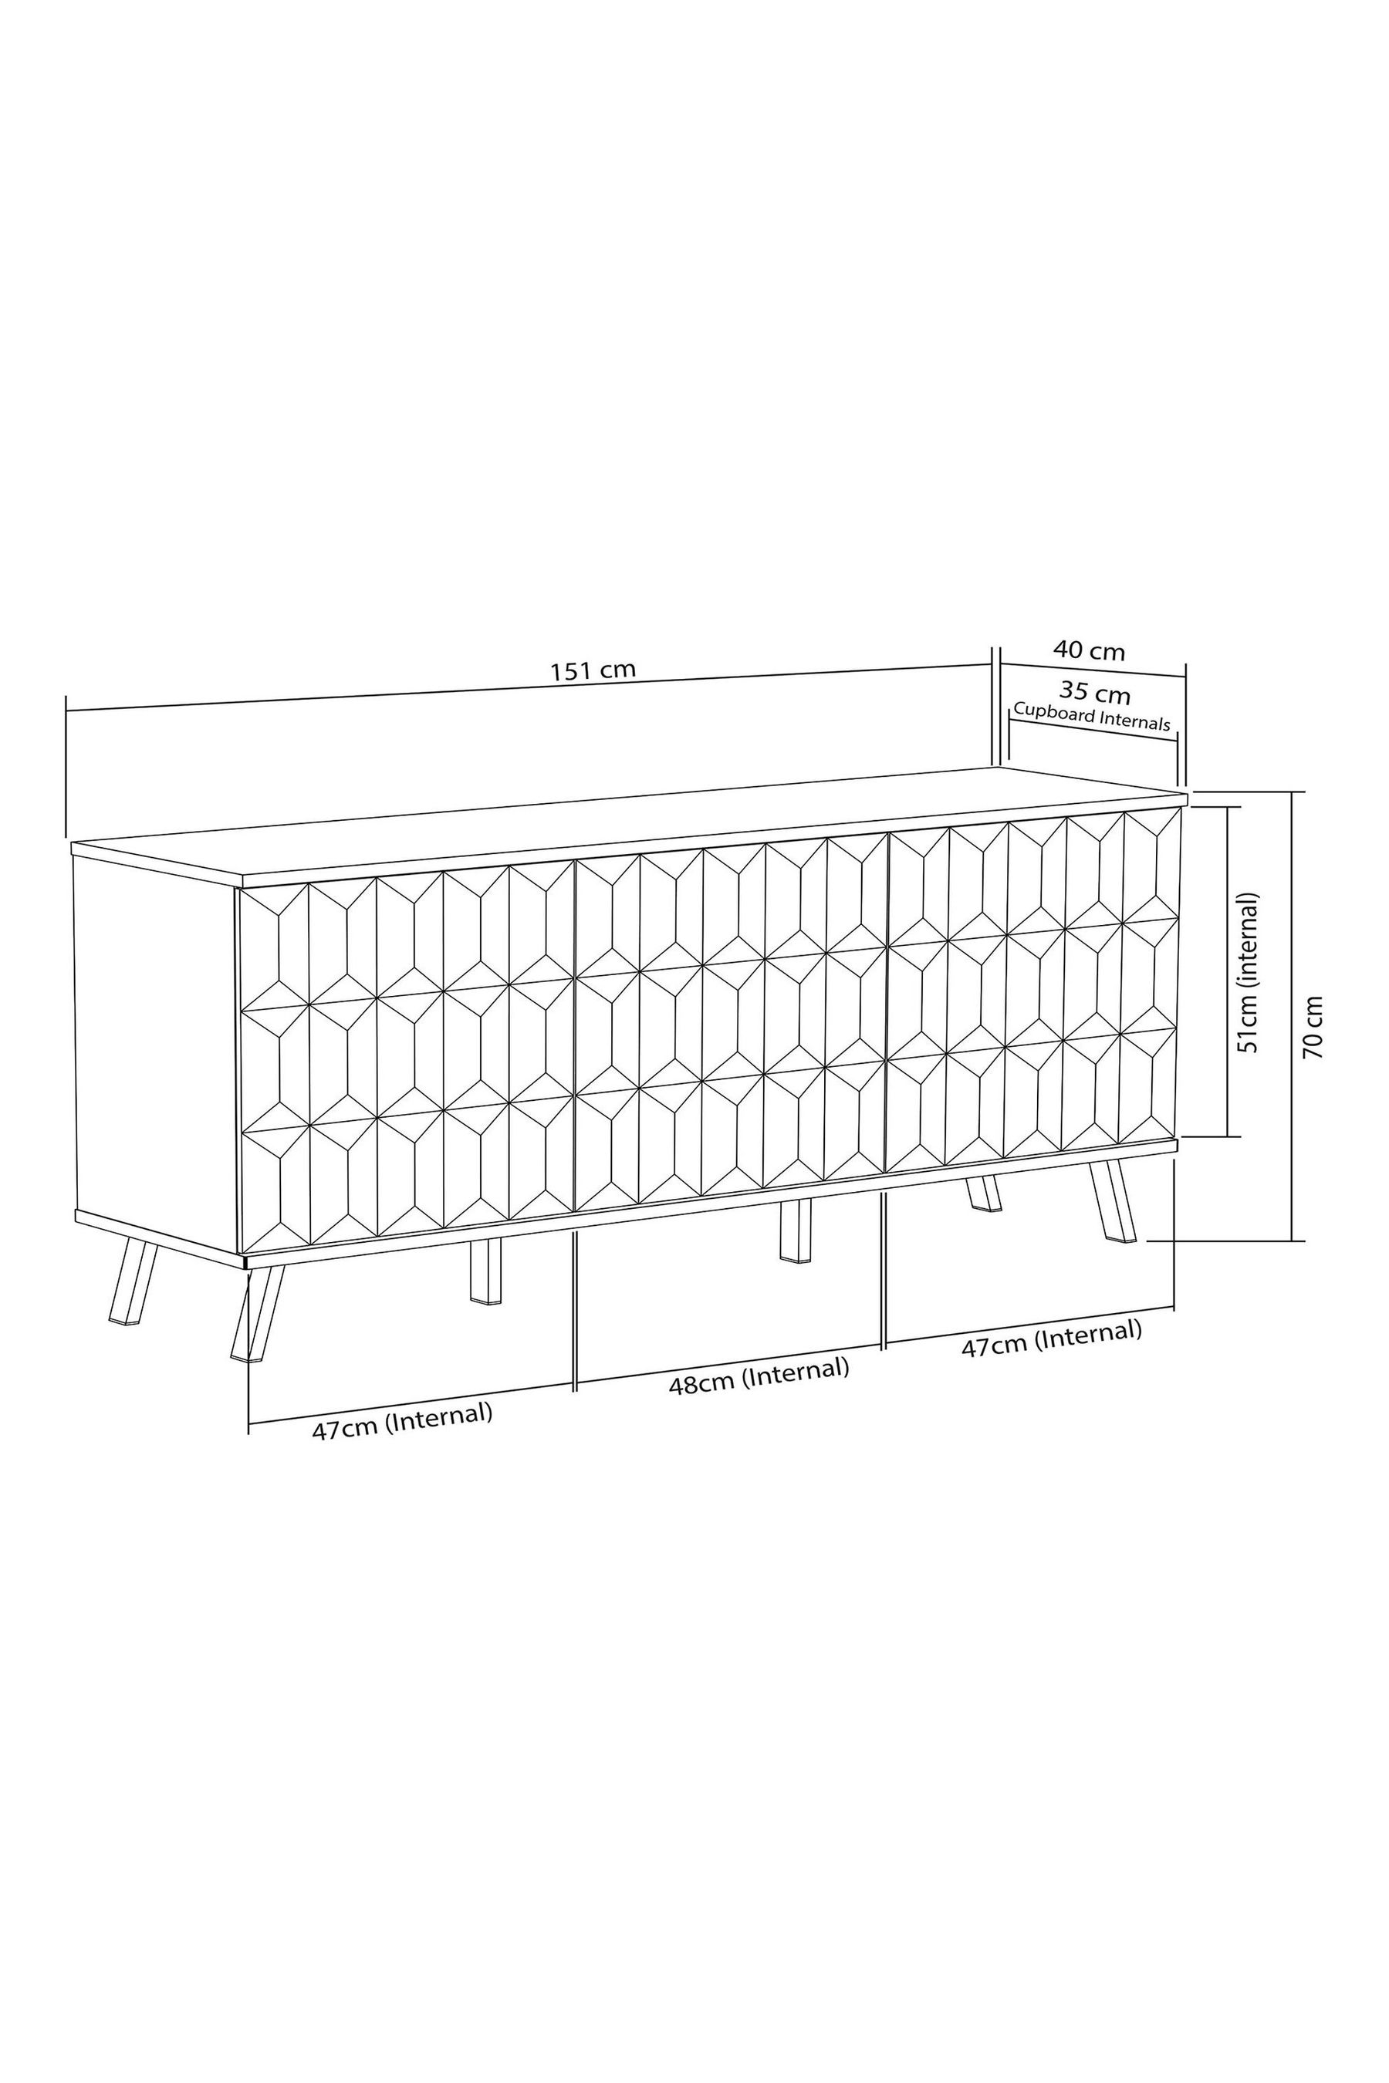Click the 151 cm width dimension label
(x=593, y=670)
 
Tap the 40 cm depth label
(x=1089, y=651)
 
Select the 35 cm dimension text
(x=1095, y=692)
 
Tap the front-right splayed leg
(x=1113, y=1202)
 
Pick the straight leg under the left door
(x=485, y=1271)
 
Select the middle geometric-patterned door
(x=731, y=1018)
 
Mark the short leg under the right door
(x=983, y=1192)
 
